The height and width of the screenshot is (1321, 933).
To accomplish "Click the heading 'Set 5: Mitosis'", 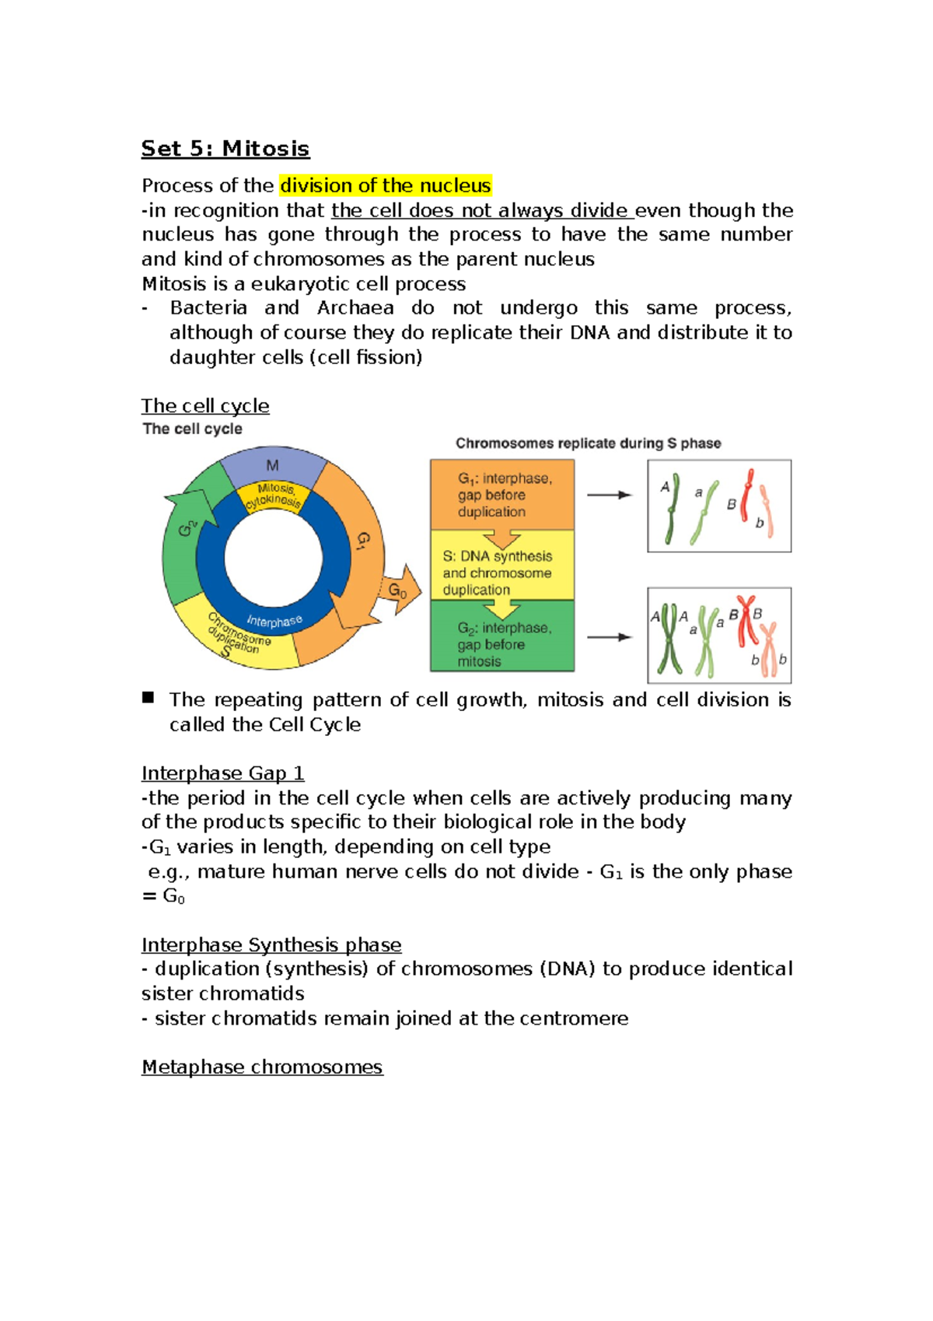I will coord(225,149).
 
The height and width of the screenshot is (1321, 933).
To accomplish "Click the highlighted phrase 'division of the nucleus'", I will coord(385,186).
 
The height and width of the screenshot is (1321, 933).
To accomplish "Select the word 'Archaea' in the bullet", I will coord(355,308).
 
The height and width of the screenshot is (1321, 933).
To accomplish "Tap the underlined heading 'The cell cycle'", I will coord(205,406).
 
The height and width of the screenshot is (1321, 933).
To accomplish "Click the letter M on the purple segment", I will coord(272,465).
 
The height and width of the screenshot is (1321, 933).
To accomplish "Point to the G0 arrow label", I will coord(397,590).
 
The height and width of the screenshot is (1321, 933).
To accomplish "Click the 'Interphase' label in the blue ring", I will coord(274,621).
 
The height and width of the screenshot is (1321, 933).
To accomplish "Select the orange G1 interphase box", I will coord(501,495).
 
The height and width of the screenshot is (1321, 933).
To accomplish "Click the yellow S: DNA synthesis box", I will coord(501,573).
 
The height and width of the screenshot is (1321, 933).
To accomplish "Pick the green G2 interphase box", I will coord(501,643).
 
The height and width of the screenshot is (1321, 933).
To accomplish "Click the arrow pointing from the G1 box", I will coord(609,495).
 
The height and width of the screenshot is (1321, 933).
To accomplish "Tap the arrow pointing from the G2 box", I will coord(609,637).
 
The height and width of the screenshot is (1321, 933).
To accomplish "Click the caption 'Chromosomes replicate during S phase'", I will coord(588,443).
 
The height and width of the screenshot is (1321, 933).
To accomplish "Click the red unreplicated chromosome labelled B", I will coord(746,496).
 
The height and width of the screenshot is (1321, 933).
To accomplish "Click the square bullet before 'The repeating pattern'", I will coord(148,698).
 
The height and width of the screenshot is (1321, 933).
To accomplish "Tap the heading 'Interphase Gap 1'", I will coord(222,773).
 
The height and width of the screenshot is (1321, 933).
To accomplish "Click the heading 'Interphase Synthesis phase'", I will coord(271,945).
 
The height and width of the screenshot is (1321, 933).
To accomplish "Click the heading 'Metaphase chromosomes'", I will coord(261,1067).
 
